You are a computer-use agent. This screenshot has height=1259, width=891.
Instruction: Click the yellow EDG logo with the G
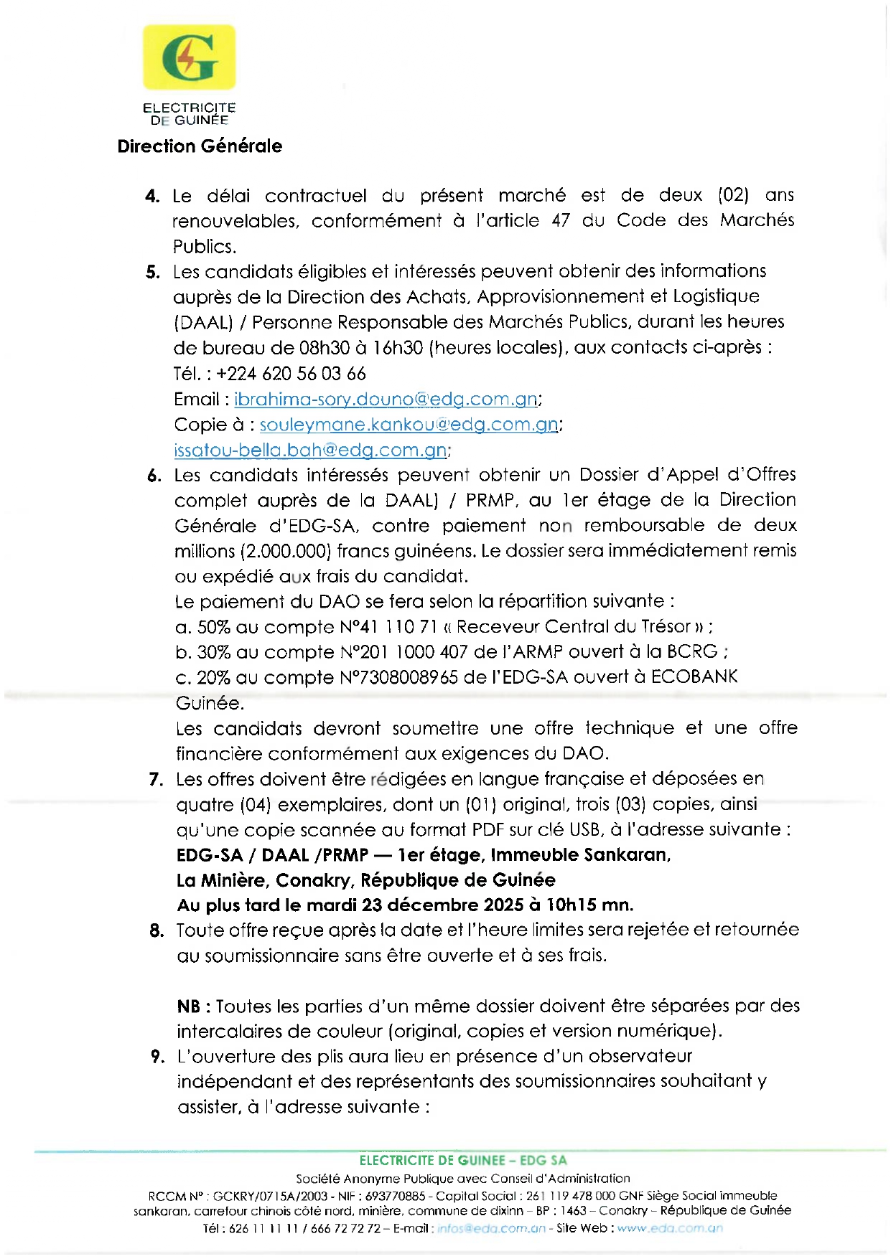(x=190, y=57)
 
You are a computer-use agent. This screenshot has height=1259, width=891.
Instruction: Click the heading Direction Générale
(x=200, y=146)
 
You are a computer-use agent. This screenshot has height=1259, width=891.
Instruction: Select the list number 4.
(x=151, y=196)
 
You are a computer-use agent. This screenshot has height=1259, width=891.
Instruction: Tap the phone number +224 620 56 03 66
(x=291, y=374)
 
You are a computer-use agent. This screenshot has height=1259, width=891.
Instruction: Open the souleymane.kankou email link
(x=409, y=425)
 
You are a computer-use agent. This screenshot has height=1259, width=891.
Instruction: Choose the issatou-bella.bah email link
(x=310, y=451)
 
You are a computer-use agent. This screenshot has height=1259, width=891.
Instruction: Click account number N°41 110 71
(x=388, y=627)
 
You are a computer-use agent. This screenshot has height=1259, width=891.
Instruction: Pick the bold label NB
(x=189, y=1006)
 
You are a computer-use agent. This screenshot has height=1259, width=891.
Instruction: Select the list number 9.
(x=157, y=1057)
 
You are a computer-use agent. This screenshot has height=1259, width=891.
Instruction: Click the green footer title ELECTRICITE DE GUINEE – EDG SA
(x=463, y=1160)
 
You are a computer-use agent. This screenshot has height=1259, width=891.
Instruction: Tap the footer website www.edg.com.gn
(x=669, y=1228)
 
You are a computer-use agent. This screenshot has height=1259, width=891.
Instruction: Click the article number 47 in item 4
(x=561, y=221)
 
